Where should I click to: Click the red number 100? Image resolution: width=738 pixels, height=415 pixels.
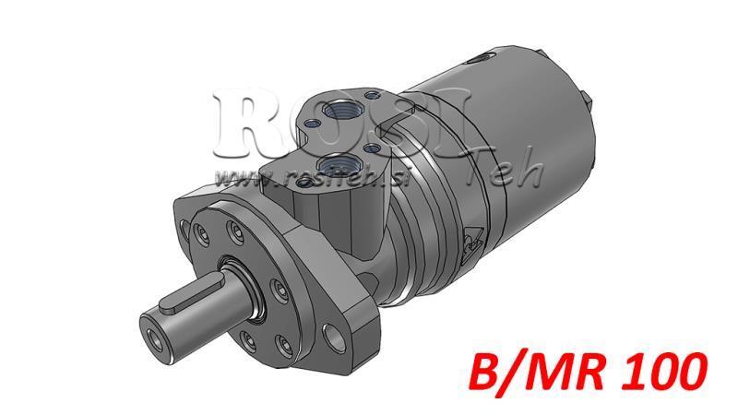click(665, 373)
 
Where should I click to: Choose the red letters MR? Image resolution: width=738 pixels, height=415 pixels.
click(570, 373)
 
